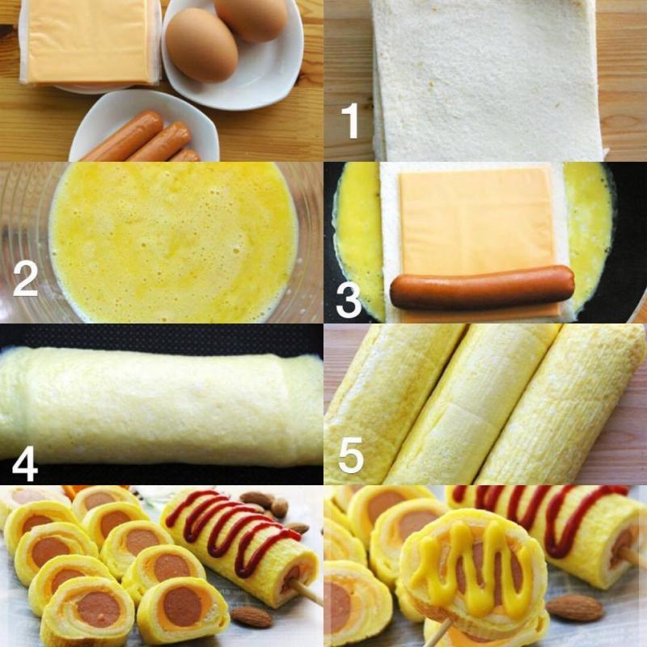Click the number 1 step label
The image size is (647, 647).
pyautogui.click(x=350, y=121)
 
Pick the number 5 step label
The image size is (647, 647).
pyautogui.click(x=350, y=455)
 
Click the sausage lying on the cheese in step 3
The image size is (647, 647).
pyautogui.click(x=482, y=287)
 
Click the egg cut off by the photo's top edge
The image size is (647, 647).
pyautogui.click(x=251, y=16)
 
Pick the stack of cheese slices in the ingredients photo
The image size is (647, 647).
pyautogui.click(x=89, y=40)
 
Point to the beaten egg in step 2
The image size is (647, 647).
pyautogui.click(x=174, y=243)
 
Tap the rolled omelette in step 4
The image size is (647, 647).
pyautogui.click(x=162, y=404)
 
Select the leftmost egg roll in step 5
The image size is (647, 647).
pyautogui.click(x=388, y=396)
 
